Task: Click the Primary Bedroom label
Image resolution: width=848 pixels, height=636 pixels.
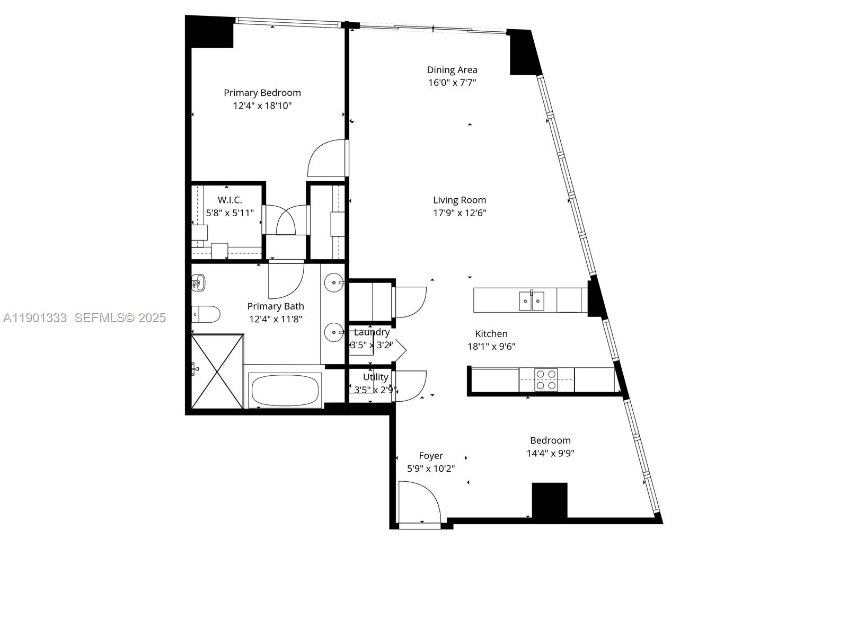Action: point(262,93)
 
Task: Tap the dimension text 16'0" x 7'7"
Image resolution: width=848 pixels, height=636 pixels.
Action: point(452,83)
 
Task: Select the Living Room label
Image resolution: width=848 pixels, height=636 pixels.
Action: point(459,200)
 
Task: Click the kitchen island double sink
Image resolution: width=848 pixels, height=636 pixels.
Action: point(531,301)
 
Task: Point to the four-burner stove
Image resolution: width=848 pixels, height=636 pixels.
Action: point(546,379)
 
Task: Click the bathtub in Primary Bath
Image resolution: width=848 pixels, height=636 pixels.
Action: point(285,391)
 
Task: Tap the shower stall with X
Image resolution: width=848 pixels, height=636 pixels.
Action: point(217,371)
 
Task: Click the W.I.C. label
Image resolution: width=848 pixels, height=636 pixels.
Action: point(229,200)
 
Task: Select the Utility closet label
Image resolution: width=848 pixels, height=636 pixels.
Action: point(375,377)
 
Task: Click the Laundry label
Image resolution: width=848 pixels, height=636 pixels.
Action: point(372,332)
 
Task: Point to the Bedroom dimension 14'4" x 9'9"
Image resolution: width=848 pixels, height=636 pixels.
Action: point(550,453)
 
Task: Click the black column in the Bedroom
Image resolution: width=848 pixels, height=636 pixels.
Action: point(550,500)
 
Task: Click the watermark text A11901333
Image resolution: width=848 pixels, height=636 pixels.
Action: point(35,317)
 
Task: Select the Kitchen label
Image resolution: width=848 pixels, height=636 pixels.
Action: point(491,333)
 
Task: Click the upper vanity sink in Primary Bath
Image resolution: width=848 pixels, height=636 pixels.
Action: point(334,282)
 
